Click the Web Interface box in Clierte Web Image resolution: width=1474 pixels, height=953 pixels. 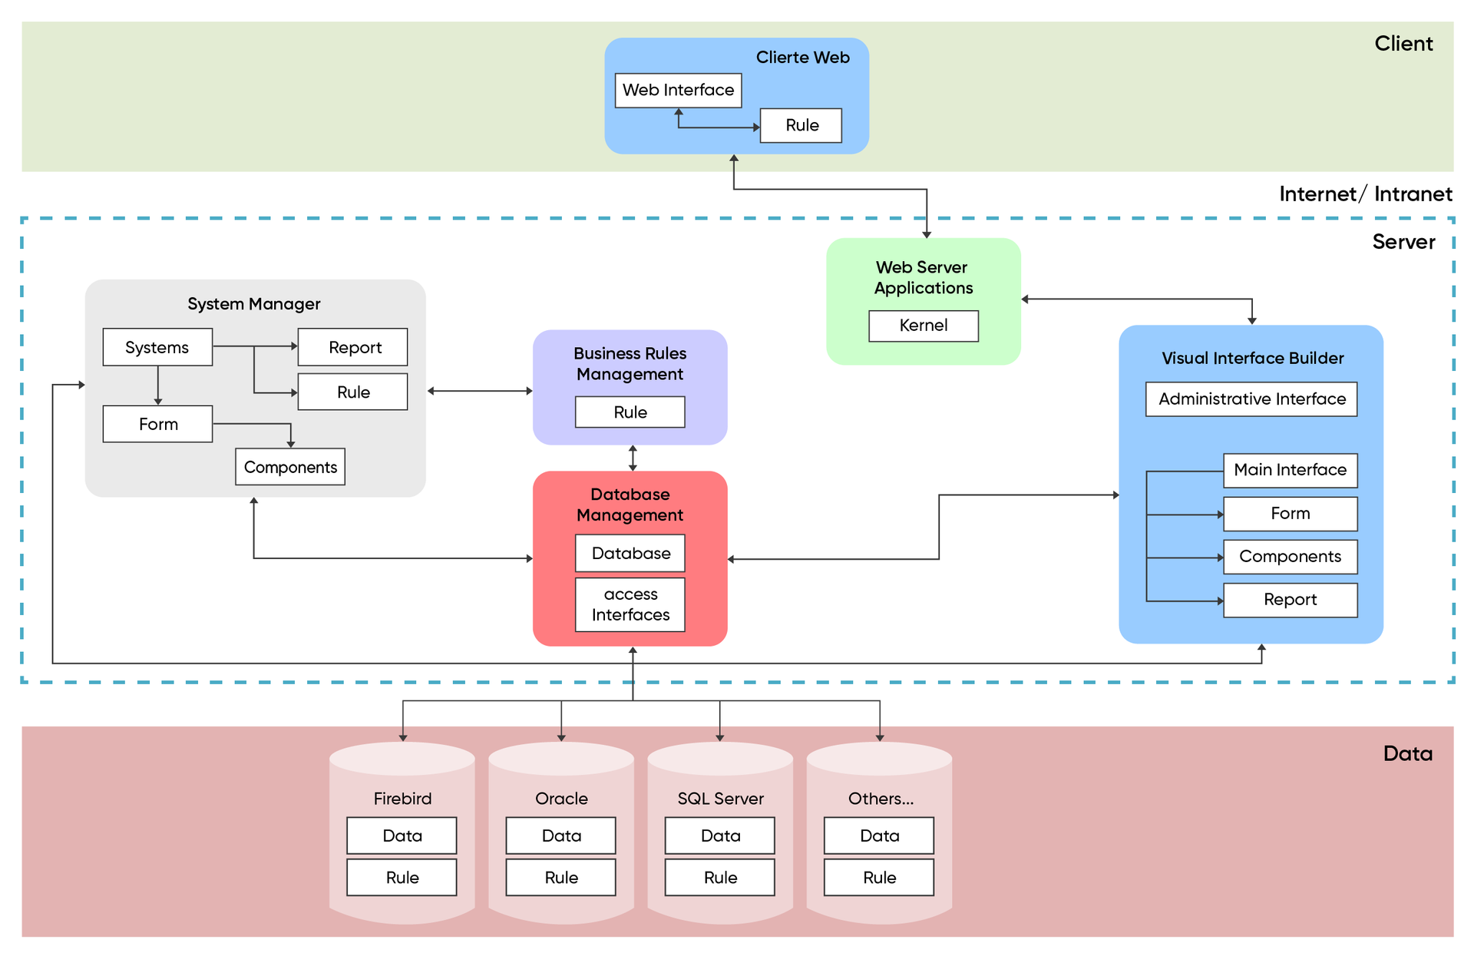(678, 91)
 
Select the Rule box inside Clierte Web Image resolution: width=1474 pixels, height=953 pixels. (801, 125)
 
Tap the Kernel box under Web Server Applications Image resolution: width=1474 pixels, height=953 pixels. (923, 326)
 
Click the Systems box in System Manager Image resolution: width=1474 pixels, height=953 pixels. (157, 347)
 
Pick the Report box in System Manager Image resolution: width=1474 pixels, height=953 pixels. (352, 347)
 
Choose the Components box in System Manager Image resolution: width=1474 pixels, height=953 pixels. (290, 467)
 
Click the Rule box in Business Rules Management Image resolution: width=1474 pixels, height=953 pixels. (630, 412)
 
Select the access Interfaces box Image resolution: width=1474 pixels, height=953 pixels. (630, 604)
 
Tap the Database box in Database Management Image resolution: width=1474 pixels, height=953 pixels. (630, 553)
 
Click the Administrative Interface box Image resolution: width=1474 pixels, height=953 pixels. (1251, 399)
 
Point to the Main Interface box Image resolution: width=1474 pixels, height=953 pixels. (1290, 470)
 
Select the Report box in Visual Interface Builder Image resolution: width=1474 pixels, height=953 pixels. (1290, 600)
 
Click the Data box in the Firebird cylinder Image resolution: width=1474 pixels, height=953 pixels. (402, 836)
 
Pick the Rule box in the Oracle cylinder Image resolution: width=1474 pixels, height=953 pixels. (560, 877)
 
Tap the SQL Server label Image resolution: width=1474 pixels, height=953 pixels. (720, 799)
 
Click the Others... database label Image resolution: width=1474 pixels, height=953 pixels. (880, 799)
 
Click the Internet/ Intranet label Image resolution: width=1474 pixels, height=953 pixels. (1365, 194)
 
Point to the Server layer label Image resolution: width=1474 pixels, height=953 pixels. (1403, 242)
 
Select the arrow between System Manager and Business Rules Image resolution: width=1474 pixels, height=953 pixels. (479, 391)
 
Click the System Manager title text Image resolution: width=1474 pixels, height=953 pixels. (254, 304)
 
